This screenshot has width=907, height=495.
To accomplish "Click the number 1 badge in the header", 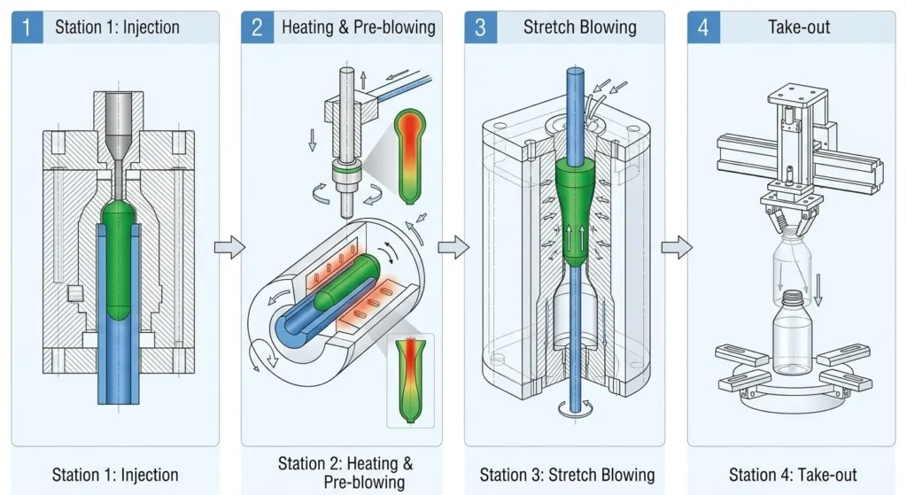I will (x=27, y=27).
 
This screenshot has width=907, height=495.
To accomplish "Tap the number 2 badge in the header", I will (x=257, y=27).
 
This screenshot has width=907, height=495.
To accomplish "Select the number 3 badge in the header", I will (x=480, y=27).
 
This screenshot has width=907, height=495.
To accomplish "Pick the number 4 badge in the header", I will (x=703, y=27).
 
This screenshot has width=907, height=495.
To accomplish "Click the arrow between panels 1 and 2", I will (x=229, y=248).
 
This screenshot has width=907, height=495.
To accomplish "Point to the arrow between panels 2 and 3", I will (x=453, y=248).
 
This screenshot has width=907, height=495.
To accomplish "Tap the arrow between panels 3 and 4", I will (x=676, y=248).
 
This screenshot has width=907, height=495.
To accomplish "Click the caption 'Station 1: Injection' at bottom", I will (x=115, y=475).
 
